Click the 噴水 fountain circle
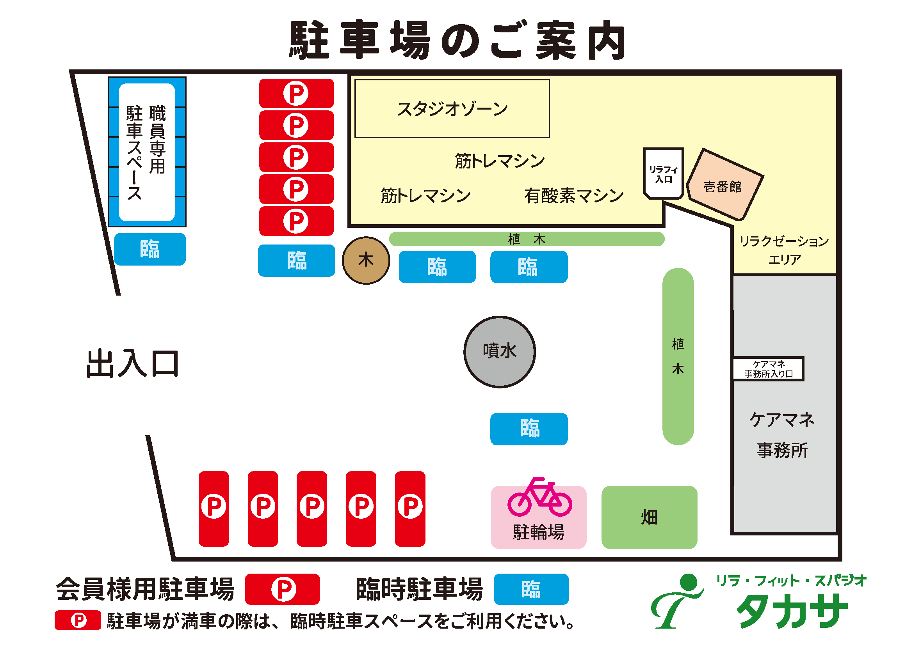500,352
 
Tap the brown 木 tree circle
366,260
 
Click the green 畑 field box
649,517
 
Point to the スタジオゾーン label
452,109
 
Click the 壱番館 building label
723,186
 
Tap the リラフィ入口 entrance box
663,174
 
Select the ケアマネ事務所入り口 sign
768,369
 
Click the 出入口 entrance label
132,363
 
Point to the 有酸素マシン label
574,196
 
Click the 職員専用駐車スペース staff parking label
146,152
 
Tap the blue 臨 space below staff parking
149,250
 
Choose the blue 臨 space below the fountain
529,429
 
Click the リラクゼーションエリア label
784,250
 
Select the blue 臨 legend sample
531,589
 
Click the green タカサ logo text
791,611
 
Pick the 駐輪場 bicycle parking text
538,532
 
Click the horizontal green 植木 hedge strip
527,239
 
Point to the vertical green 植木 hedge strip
678,356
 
